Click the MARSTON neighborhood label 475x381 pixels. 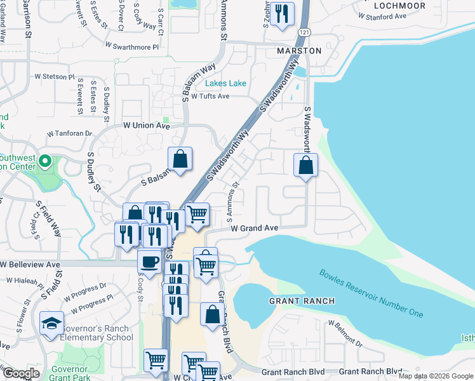[298, 50]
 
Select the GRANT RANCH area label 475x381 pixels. [298, 300]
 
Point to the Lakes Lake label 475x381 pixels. [225, 83]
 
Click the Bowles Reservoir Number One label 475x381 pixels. [371, 294]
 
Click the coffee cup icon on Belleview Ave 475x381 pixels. [150, 261]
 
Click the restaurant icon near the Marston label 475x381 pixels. [282, 14]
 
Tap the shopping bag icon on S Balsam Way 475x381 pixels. [180, 159]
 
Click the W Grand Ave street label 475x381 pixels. [255, 227]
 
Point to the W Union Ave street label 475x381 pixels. [147, 126]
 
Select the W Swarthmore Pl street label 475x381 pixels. [132, 46]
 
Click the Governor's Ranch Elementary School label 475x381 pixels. [97, 333]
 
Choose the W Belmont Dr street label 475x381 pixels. [345, 334]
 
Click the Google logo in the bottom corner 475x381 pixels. [21, 373]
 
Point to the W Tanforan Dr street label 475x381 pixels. [70, 134]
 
